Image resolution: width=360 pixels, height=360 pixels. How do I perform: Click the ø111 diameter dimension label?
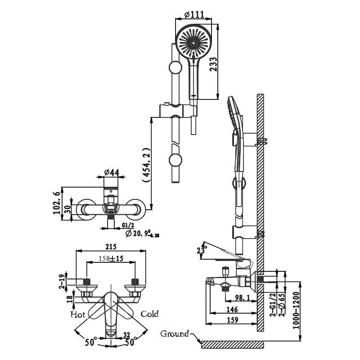click(194, 15)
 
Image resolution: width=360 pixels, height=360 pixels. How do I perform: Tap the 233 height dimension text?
click(213, 64)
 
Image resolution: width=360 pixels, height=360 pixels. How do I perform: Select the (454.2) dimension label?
click(146, 165)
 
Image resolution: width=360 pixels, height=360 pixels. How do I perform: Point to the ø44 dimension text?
click(111, 172)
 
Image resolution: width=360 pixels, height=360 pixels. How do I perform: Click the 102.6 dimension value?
click(58, 201)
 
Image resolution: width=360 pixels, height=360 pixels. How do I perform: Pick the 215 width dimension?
click(111, 247)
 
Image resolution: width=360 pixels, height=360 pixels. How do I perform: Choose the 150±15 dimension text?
click(111, 258)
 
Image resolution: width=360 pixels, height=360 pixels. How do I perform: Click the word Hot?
click(78, 314)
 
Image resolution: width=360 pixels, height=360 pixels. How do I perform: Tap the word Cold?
click(149, 314)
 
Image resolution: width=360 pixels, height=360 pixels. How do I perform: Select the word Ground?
click(175, 334)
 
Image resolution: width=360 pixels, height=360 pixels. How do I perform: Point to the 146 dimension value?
click(232, 310)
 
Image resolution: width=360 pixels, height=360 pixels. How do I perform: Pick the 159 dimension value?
click(233, 320)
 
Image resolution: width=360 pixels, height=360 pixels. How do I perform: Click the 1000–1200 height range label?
click(297, 310)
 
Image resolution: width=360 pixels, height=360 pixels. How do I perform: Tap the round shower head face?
click(193, 42)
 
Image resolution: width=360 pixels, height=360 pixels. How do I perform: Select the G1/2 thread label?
click(128, 225)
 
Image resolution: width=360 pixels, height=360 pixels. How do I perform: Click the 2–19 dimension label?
click(62, 282)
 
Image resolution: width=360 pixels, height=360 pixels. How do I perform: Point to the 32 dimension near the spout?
click(127, 334)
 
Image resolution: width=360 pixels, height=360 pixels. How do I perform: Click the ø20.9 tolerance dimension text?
click(142, 233)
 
